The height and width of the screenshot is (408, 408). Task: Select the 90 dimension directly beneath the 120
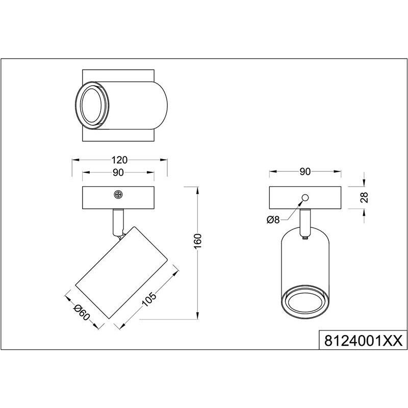118,173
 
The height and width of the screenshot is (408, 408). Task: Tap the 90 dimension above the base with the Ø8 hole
305,171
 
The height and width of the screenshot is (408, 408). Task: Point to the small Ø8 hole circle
305,197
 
